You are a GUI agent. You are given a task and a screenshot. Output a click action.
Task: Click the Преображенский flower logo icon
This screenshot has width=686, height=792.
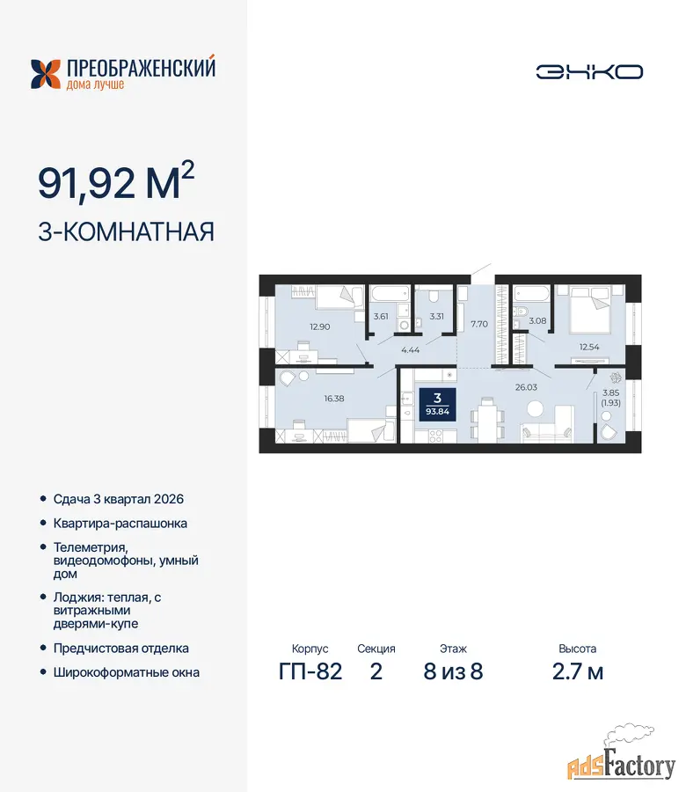coord(46,74)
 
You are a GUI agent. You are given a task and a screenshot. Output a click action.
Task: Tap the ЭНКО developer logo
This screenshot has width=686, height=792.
coord(589,72)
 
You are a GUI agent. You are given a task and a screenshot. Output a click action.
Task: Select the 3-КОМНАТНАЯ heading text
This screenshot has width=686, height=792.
coord(126,232)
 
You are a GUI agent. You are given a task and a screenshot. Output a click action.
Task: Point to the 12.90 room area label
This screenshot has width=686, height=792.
coord(319,326)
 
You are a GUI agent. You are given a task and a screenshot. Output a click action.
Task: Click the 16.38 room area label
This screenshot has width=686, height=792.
coord(333,399)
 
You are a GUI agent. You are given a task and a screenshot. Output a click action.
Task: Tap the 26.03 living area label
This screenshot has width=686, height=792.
coord(526,387)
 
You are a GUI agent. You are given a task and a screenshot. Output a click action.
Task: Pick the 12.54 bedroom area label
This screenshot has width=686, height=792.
coord(589,347)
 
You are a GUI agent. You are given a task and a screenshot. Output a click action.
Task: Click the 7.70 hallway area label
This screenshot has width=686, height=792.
coord(479,324)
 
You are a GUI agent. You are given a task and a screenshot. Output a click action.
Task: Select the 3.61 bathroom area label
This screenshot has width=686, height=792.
coord(381,317)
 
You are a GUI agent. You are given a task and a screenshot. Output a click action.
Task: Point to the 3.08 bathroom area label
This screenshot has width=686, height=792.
coord(537,320)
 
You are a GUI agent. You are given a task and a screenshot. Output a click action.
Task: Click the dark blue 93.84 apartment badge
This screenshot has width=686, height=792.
coord(437,405)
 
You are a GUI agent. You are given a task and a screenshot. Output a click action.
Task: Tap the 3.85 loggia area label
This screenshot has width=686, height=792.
coord(610,392)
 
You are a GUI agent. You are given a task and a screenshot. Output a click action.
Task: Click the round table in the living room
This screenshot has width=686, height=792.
coord(535,408)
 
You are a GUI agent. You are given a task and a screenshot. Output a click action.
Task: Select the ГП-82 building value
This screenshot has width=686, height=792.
coord(310,671)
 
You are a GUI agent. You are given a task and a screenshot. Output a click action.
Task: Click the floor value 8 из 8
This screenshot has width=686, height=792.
coord(453,671)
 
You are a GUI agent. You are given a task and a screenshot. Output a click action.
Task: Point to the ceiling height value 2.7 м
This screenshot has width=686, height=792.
coord(578,671)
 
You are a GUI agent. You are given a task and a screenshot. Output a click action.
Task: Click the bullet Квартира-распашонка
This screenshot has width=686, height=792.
coord(120,524)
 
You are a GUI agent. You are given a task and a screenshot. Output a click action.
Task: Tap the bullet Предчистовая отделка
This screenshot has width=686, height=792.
coord(121,648)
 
